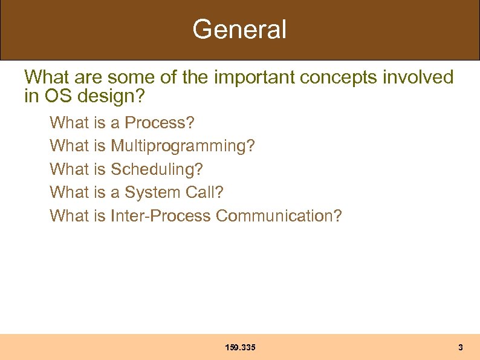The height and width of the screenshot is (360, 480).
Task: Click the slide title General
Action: point(239,29)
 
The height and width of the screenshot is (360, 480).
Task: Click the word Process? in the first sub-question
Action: point(160,123)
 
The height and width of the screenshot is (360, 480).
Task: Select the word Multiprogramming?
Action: point(183,146)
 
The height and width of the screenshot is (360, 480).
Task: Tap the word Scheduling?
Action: point(157,169)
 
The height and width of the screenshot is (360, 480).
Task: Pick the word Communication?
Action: point(279,216)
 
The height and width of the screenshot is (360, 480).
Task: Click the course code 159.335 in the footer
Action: point(240,347)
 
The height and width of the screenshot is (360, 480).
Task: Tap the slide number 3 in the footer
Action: point(461,347)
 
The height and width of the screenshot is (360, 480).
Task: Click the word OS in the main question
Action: point(53,96)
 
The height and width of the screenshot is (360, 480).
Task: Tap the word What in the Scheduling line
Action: point(69,169)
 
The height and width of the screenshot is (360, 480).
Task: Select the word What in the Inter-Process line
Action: point(69,216)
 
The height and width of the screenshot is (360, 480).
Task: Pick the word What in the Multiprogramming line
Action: point(69,146)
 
